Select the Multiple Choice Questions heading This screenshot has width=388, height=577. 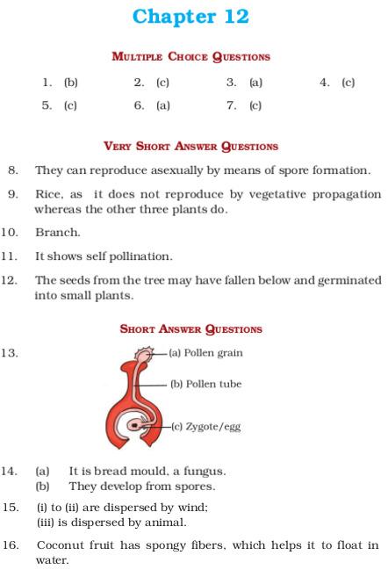point(190,56)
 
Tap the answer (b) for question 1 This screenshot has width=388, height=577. point(71,83)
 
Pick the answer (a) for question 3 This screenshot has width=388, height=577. point(255,83)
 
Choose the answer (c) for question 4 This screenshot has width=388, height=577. point(348,83)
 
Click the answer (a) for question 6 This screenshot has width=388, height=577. point(163,105)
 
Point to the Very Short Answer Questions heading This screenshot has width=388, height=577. point(190,147)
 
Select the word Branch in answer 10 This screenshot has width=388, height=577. point(57,234)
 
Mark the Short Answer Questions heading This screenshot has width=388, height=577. point(190,329)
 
